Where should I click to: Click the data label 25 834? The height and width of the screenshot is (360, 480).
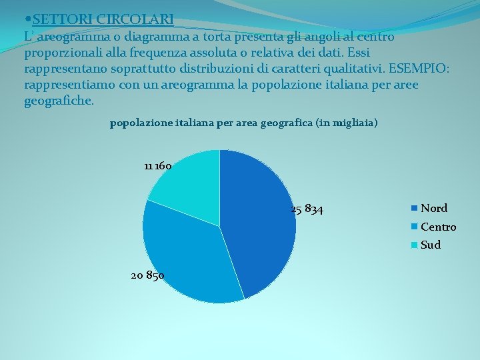[307, 210]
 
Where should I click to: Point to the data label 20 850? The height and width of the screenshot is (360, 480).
[148, 276]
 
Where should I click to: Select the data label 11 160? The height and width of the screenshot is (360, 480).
[158, 166]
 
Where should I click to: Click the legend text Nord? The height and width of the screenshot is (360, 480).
[434, 209]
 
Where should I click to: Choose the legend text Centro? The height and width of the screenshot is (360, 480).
[439, 227]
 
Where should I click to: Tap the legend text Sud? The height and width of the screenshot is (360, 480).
[431, 245]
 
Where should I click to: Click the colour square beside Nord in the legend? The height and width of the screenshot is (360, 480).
[415, 209]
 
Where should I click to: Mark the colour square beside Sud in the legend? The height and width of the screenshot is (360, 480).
[415, 245]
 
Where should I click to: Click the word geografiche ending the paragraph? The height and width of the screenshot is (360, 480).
[59, 101]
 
